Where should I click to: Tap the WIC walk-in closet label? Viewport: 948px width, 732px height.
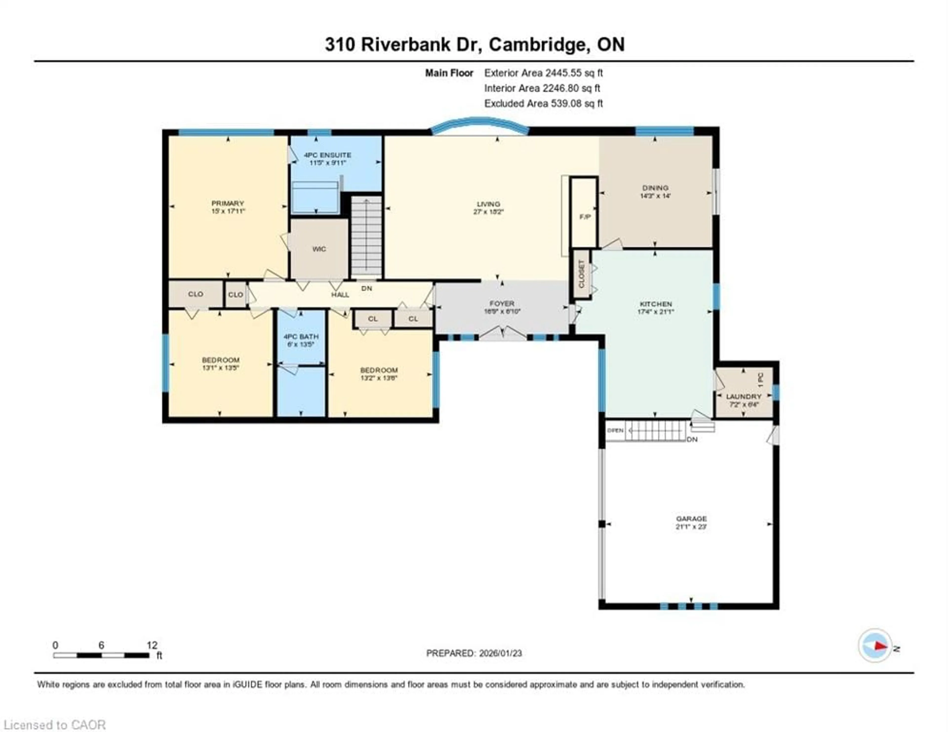tap(319, 249)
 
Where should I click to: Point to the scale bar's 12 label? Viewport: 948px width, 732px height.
tap(152, 645)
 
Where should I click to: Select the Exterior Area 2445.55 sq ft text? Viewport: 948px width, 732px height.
tap(543, 73)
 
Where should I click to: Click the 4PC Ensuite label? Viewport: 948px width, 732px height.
tap(327, 155)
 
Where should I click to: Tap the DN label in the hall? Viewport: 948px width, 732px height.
tap(367, 288)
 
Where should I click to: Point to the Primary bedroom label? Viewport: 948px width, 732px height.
tap(227, 203)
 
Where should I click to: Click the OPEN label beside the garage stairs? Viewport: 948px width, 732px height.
tap(615, 431)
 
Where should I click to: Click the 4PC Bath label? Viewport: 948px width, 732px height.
tap(301, 336)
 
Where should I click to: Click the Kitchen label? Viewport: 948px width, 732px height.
tap(655, 304)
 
